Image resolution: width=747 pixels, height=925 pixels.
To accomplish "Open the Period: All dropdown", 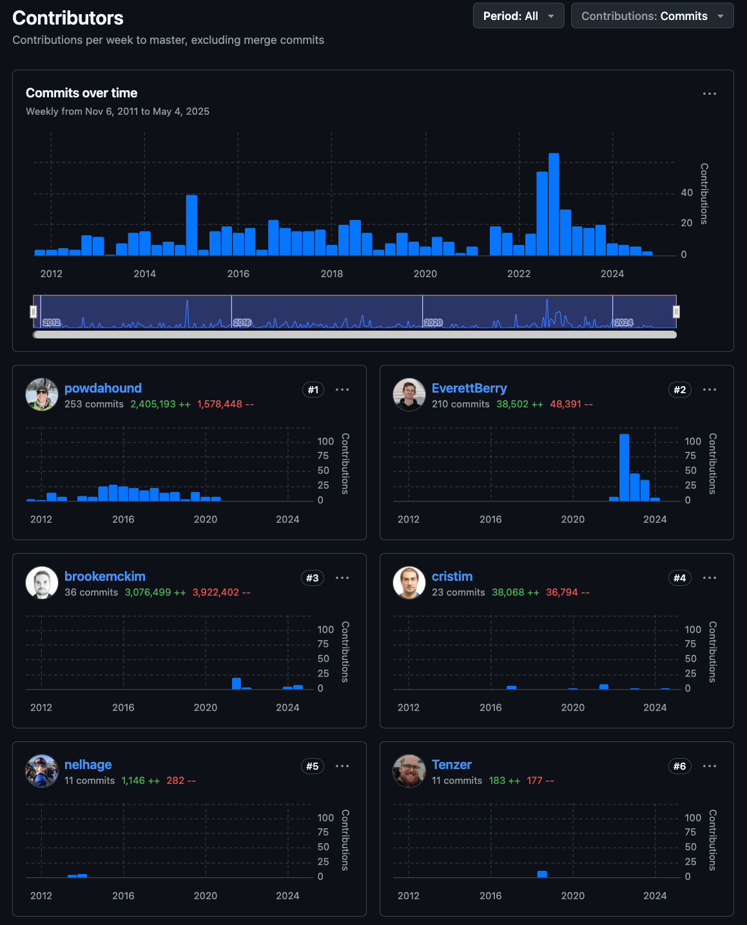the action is pos(518,16).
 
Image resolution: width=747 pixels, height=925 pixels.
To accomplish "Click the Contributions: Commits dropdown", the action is pos(652,16).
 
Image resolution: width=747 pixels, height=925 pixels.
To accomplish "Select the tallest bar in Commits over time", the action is pos(554,204).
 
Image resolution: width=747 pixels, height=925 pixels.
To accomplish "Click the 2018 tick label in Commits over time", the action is pos(332,273).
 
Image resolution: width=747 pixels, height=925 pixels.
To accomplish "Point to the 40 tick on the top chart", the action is pos(686,192).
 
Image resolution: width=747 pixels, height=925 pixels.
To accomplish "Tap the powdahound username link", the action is pos(103,388).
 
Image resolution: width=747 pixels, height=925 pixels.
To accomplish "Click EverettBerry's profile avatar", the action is pos(409,394).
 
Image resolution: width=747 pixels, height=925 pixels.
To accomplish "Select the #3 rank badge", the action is pos(312,578).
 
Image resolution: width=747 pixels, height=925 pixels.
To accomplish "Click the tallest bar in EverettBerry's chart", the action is pos(624,467).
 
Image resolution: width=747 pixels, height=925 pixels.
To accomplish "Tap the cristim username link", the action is pos(452,576).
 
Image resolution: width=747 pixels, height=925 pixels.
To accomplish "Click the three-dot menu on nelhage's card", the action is pos(342,766).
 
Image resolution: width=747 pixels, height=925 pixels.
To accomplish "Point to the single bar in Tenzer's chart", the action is pos(541,874).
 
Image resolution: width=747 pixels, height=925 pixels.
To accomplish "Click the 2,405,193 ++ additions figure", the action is pos(160,404).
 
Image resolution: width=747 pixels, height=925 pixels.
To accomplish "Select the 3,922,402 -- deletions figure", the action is pos(221,592).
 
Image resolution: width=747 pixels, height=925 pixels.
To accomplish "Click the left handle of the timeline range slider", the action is pos(34,311).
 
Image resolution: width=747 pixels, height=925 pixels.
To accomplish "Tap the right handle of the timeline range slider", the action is pos(676,311).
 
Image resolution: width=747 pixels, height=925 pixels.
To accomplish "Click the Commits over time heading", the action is pos(82,93).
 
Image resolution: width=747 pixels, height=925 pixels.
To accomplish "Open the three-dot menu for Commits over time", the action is pos(709,93).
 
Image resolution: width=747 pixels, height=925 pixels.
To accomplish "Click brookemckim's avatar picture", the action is pos(42,582).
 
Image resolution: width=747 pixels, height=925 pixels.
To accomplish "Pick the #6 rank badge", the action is pos(679,766).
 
